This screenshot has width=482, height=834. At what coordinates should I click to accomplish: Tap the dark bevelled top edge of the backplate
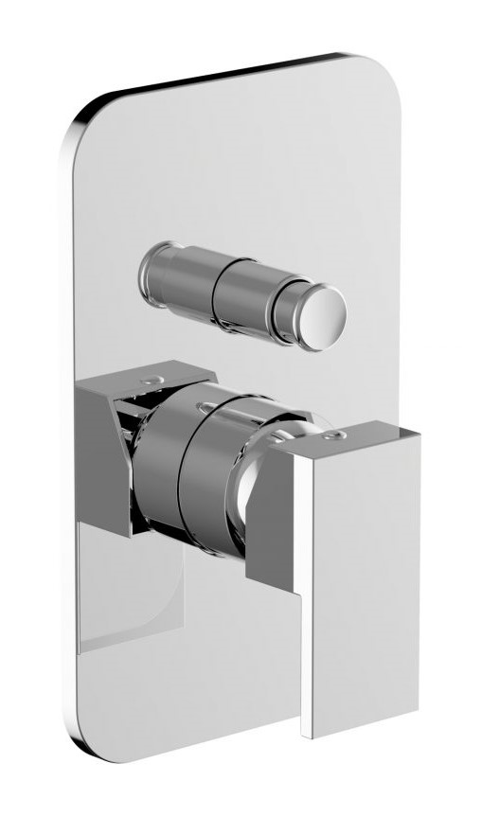point(227,76)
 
